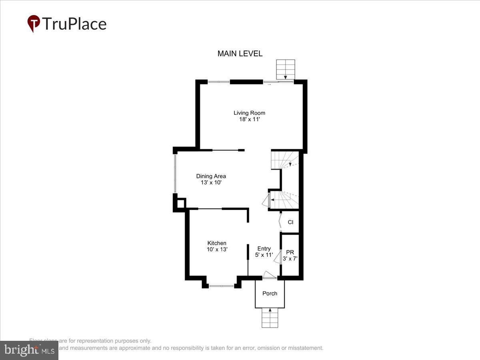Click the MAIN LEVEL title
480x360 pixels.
point(240,54)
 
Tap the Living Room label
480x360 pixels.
point(249,113)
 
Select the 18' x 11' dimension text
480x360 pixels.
point(249,119)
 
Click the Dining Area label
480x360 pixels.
point(211,176)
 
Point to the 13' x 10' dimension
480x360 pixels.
point(211,182)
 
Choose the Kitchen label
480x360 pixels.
point(217,243)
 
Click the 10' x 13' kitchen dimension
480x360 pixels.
point(217,249)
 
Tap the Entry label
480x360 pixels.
point(264,248)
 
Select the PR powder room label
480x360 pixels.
point(290,252)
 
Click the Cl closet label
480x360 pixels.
point(290,222)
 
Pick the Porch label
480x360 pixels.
point(270,293)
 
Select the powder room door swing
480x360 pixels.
point(277,256)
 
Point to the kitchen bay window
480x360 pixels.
point(222,286)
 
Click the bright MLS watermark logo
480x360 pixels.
point(29,350)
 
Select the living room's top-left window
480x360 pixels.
point(219,82)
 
